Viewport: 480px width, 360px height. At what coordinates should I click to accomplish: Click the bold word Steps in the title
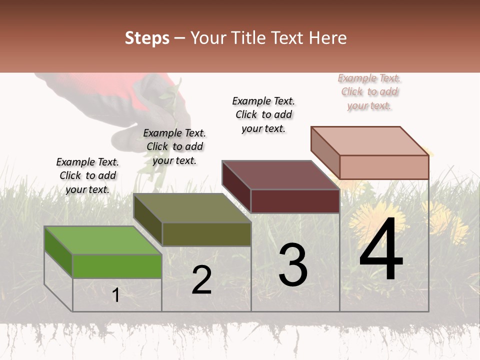tap(147, 38)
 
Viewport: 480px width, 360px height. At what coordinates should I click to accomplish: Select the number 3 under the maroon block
tap(292, 265)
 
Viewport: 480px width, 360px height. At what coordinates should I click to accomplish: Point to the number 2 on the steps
tap(201, 280)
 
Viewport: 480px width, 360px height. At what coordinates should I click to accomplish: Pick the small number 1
tap(115, 295)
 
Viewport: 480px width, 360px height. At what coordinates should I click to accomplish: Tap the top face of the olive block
tap(192, 208)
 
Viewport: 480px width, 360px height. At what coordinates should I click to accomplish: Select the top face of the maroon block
tap(280, 175)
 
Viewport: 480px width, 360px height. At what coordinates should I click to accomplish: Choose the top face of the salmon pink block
tap(370, 141)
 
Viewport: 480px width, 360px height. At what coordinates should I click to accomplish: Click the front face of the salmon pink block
tap(384, 167)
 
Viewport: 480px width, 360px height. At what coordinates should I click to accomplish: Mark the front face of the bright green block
tap(117, 266)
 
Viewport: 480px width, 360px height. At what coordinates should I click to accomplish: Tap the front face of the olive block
tap(206, 234)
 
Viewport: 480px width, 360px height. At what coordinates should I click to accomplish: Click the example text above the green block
tap(87, 175)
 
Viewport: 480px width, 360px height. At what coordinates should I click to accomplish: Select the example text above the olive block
tap(174, 146)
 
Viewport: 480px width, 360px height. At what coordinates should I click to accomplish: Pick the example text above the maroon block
tap(263, 114)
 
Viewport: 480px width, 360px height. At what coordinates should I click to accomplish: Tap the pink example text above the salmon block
tap(369, 91)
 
